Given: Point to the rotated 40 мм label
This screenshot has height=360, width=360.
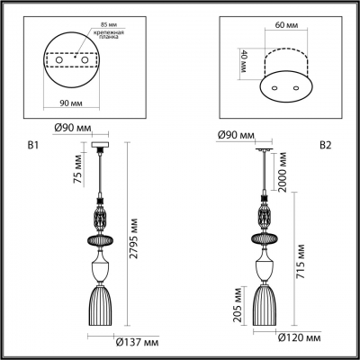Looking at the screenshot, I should [244, 61].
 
